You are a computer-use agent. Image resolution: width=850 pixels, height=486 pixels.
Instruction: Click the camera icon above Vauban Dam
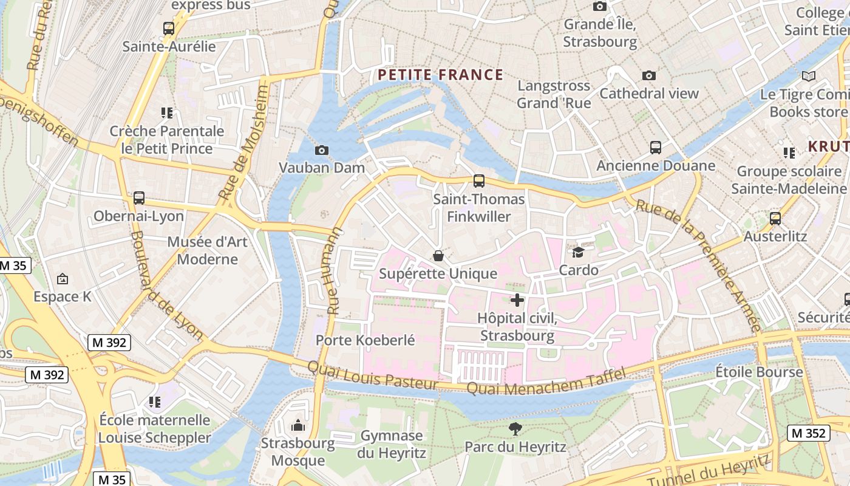click(x=322, y=150)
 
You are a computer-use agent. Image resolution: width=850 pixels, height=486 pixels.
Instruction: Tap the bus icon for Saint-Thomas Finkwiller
click(x=479, y=180)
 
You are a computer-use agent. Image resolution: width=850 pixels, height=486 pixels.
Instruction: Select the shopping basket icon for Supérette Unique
click(x=438, y=256)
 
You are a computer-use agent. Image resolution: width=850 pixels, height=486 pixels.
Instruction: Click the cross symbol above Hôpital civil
click(x=517, y=300)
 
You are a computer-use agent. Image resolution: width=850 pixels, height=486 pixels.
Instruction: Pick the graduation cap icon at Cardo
click(x=578, y=252)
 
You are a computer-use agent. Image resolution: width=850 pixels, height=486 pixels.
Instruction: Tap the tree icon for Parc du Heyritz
click(x=515, y=429)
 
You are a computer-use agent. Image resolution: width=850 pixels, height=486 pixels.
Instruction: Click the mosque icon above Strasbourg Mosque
click(x=297, y=425)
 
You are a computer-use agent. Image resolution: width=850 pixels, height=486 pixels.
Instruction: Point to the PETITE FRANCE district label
click(x=440, y=75)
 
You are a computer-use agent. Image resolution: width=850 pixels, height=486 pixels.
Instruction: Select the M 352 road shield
click(x=809, y=433)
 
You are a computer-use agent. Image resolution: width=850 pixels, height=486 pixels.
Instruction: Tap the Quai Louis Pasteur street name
click(x=372, y=376)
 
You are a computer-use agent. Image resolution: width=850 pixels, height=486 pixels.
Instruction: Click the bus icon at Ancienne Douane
click(x=655, y=147)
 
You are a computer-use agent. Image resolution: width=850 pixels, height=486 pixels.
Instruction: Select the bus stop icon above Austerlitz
click(x=775, y=218)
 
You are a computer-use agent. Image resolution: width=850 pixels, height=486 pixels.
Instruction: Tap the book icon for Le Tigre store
click(x=808, y=76)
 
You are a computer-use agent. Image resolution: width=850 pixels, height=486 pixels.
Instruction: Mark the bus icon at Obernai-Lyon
click(x=139, y=197)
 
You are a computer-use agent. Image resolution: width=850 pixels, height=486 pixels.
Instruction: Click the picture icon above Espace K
click(x=62, y=279)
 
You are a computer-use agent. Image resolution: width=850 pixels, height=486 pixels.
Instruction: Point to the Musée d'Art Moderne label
click(x=207, y=250)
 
